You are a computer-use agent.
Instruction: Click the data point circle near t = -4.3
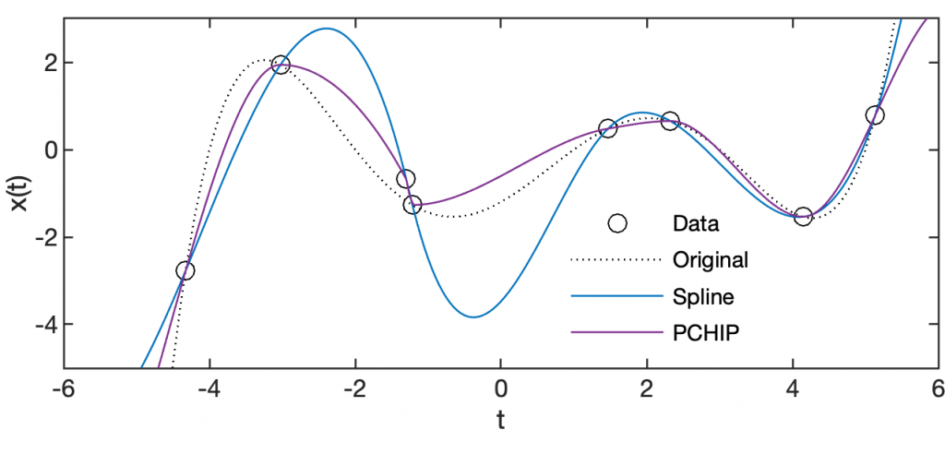coord(185,270)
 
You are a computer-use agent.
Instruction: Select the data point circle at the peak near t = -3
coord(281,65)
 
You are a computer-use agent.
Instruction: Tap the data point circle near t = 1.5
coord(607,128)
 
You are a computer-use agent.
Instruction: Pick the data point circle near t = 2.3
coord(670,121)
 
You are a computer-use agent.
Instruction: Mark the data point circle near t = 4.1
coord(803,216)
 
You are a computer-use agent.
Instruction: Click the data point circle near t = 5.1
coord(875,115)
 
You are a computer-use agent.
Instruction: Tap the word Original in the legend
coord(711,259)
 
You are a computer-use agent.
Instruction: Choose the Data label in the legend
coord(696,222)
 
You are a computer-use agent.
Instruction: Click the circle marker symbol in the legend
coord(617,222)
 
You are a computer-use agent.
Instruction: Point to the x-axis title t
coord(501,421)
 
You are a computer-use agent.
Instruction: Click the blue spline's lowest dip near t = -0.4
coord(472,317)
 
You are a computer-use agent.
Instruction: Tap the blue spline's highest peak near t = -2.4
coord(327,29)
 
